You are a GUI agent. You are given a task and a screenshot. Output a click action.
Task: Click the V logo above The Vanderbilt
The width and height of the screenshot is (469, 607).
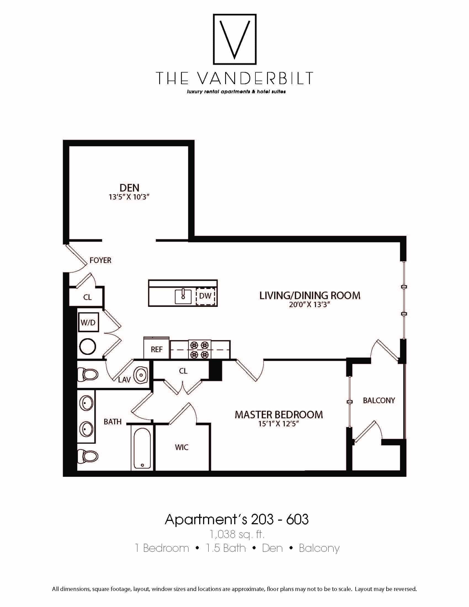[234, 39]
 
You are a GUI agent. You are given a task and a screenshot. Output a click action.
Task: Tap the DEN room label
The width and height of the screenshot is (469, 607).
[129, 188]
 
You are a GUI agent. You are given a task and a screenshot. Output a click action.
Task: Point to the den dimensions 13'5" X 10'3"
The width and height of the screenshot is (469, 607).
[129, 197]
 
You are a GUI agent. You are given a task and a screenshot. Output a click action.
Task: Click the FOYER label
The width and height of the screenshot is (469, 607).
[100, 260]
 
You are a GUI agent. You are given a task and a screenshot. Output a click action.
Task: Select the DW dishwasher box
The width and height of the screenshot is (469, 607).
[206, 296]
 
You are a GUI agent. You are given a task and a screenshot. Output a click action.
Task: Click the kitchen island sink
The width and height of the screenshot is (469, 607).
[183, 296]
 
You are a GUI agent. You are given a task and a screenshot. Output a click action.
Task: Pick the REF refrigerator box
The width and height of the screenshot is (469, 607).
[156, 349]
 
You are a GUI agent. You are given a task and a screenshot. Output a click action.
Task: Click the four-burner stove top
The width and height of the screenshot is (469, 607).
[200, 350]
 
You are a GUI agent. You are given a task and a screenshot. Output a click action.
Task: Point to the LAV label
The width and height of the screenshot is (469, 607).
[124, 380]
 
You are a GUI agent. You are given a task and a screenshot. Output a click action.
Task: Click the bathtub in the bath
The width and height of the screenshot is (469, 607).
[142, 448]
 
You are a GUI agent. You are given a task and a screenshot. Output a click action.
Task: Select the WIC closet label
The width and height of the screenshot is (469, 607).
[182, 448]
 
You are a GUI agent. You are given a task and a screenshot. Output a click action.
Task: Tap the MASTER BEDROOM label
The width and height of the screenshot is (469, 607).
[279, 415]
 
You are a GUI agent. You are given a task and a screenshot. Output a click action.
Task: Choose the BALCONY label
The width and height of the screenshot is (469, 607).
[379, 401]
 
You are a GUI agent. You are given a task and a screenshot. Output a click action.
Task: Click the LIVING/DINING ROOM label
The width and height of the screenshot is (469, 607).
[310, 295]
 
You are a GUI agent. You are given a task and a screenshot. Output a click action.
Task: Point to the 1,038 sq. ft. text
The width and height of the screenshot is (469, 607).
[237, 534]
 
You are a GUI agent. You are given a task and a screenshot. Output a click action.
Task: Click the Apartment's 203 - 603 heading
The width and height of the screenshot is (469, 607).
[237, 519]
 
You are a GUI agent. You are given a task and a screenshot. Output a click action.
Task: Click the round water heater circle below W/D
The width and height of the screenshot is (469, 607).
[87, 347]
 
